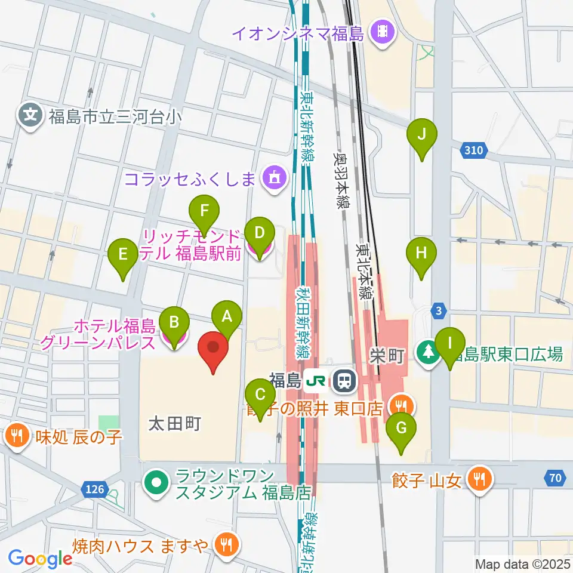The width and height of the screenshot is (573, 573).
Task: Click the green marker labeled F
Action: [x=205, y=211]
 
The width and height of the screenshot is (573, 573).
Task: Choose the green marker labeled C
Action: [x=261, y=395]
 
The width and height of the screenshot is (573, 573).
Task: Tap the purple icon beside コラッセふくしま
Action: [x=274, y=177]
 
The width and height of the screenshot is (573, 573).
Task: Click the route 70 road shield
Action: [x=554, y=477]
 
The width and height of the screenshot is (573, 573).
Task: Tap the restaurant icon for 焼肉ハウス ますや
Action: [x=226, y=544]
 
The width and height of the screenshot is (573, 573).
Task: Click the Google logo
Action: [x=40, y=558]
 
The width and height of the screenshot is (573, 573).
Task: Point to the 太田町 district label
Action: [x=174, y=424]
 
